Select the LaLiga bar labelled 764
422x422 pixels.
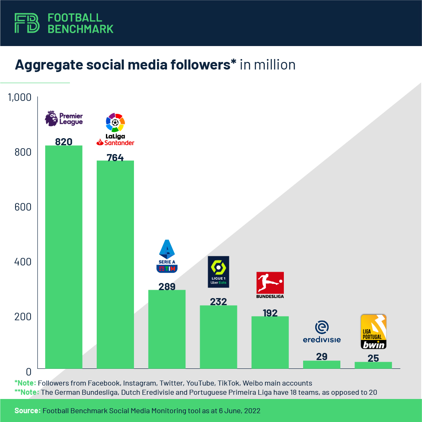115,264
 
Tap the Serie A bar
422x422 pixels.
167,329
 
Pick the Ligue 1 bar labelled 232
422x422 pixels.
218,337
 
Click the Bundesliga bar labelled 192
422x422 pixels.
270,342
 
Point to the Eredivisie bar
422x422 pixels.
322,364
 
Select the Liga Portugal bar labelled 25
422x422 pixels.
373,365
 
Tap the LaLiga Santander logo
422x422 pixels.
115,129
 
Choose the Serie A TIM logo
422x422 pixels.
167,256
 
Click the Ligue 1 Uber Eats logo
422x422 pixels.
219,272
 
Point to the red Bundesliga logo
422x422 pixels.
270,285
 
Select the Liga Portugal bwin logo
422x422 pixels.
373,332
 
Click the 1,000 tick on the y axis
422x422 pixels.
20,97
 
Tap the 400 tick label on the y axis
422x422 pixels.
23,262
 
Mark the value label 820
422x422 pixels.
64,142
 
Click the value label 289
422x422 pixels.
167,287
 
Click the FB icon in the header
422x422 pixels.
27,23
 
